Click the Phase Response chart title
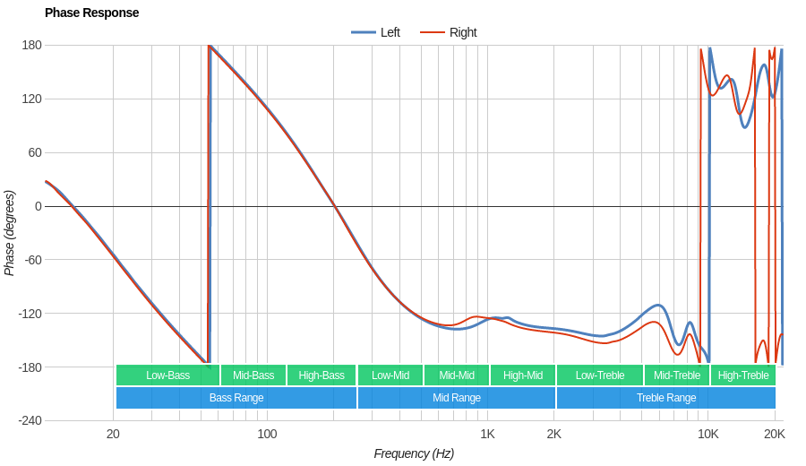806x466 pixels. click(91, 13)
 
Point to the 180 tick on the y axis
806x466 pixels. click(31, 45)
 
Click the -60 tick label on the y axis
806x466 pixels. click(31, 260)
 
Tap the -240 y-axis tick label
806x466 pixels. click(30, 420)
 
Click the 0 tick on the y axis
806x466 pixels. click(38, 206)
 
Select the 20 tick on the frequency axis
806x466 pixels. click(113, 434)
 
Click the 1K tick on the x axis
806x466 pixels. click(487, 434)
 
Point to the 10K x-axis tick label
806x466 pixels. click(708, 434)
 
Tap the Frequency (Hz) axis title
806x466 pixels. click(414, 453)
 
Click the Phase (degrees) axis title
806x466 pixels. click(10, 233)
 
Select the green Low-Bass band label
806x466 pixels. click(167, 375)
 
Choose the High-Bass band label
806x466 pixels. click(322, 375)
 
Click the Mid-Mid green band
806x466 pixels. click(457, 375)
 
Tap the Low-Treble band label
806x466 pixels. click(600, 375)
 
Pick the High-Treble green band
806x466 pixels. click(743, 375)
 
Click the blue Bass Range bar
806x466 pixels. click(236, 398)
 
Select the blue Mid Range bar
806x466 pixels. click(457, 398)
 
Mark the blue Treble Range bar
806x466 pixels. click(666, 398)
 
